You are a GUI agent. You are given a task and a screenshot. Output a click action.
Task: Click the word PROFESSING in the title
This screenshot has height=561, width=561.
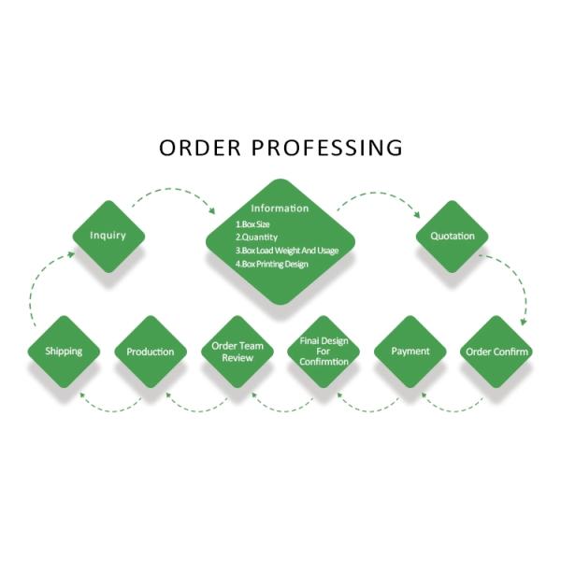tap(326, 148)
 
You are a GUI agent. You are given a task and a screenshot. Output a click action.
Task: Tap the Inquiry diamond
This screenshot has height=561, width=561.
tap(108, 236)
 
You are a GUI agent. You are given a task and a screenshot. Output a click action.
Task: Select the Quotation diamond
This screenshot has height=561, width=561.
tap(453, 236)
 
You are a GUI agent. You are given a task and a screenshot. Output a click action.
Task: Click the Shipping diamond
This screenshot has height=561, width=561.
tap(64, 352)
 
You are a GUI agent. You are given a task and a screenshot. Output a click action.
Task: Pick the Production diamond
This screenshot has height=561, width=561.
tap(150, 352)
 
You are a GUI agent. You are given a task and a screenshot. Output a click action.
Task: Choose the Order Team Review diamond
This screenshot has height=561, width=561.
tap(237, 352)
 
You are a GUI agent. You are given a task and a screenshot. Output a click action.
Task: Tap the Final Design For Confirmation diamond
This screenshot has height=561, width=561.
tap(324, 352)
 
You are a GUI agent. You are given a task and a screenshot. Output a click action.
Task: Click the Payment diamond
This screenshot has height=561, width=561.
tap(410, 352)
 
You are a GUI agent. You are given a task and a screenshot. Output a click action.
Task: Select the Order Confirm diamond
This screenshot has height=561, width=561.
tap(496, 352)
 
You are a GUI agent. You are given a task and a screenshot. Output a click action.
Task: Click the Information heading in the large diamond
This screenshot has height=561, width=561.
tap(280, 209)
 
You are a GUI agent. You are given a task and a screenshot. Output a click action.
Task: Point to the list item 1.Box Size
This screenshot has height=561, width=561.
tap(254, 224)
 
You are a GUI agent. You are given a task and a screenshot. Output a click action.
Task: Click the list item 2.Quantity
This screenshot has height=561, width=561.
tap(256, 237)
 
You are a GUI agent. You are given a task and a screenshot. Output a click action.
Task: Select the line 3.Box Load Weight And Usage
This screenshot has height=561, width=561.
tap(286, 251)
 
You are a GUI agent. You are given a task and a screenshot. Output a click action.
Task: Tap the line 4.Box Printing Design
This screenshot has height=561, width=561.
tap(271, 265)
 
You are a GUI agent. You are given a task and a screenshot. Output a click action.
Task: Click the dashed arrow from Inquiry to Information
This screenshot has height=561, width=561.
tap(173, 192)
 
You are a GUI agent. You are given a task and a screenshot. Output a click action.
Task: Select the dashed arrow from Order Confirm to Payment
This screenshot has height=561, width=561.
tap(453, 404)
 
